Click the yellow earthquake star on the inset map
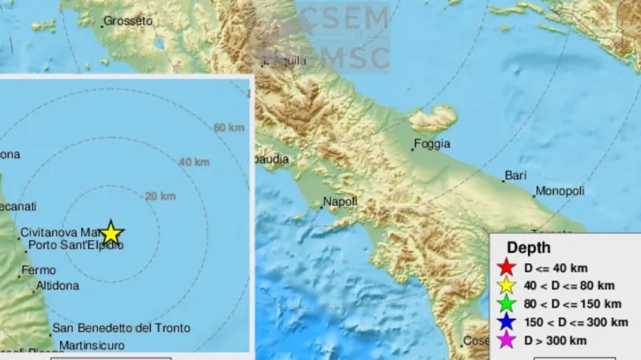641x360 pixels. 110,234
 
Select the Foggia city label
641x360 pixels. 433,144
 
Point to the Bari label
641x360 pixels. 515,176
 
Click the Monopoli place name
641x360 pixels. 560,191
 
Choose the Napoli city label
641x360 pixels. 341,201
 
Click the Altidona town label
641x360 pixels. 57,286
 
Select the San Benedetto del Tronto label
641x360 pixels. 121,328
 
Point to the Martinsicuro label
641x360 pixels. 89,345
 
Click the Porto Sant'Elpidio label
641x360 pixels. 76,246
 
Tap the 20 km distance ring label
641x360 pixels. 160,196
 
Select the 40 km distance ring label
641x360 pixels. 194,162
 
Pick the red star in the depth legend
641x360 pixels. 506,267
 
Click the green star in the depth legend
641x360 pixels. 506,304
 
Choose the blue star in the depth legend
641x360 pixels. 506,322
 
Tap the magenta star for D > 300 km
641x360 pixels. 506,341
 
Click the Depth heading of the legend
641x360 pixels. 528,248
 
